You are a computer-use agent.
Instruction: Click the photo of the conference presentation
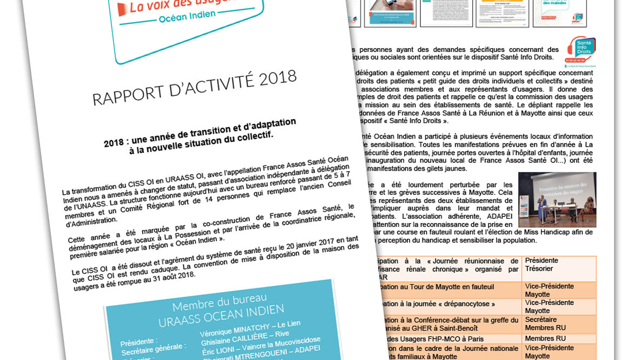(x=557, y=200)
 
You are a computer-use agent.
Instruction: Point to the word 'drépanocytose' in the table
(x=466, y=304)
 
